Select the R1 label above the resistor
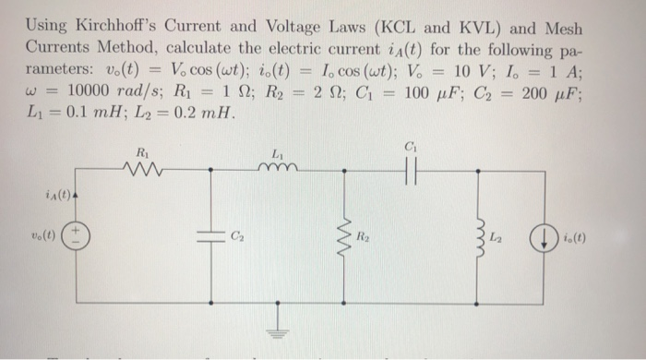tap(140, 149)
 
